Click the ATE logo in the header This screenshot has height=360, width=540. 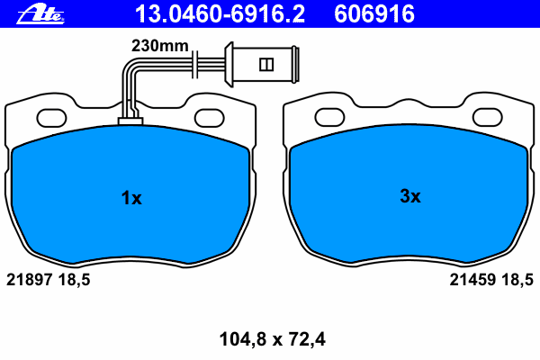[x=40, y=14]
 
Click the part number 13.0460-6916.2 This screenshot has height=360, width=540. [x=220, y=14]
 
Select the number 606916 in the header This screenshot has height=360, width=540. [x=374, y=14]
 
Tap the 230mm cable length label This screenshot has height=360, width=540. [x=160, y=46]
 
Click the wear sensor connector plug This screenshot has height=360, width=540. [x=262, y=65]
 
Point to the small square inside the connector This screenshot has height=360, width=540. [x=266, y=65]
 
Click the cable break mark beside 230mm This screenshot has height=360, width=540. [x=194, y=64]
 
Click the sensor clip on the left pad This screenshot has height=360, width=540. [x=130, y=121]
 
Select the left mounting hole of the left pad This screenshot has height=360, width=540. [x=51, y=118]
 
